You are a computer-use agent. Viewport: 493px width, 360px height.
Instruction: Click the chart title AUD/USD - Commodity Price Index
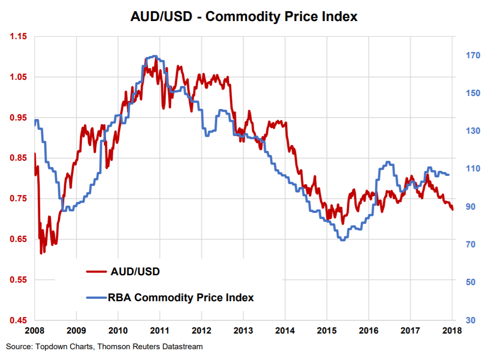tap(244, 17)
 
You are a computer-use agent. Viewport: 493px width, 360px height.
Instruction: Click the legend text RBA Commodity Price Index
tap(181, 297)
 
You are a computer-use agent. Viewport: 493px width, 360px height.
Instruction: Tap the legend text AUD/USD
tap(136, 271)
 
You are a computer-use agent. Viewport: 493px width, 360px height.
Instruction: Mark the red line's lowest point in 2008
tap(41, 253)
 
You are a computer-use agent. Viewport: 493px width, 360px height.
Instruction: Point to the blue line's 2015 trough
tap(342, 240)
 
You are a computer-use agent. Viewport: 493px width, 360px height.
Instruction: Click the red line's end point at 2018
tap(453, 210)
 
